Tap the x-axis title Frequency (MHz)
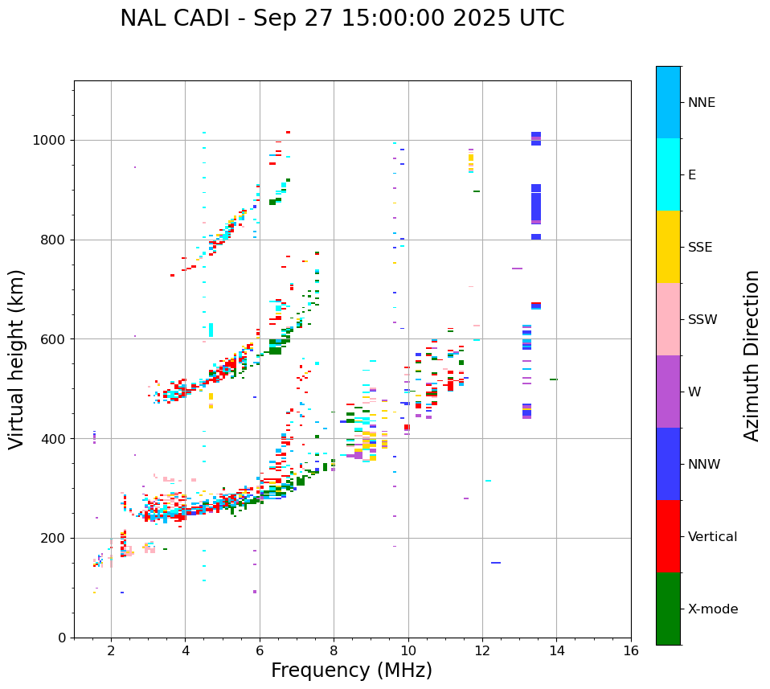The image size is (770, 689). point(351,671)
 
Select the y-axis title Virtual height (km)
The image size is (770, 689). point(17,359)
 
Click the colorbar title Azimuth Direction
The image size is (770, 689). point(752,355)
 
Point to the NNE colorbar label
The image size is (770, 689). point(701,103)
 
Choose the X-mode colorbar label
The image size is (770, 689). point(713,609)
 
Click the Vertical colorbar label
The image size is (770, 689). point(712,537)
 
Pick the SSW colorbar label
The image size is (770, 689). point(702,320)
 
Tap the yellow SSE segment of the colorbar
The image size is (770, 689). point(668,247)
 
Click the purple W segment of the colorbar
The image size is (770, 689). point(668,392)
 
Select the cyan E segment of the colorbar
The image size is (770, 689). point(668,174)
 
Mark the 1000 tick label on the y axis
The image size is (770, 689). point(51,141)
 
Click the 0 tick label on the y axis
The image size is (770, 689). point(62,638)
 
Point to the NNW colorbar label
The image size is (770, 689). point(704,465)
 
